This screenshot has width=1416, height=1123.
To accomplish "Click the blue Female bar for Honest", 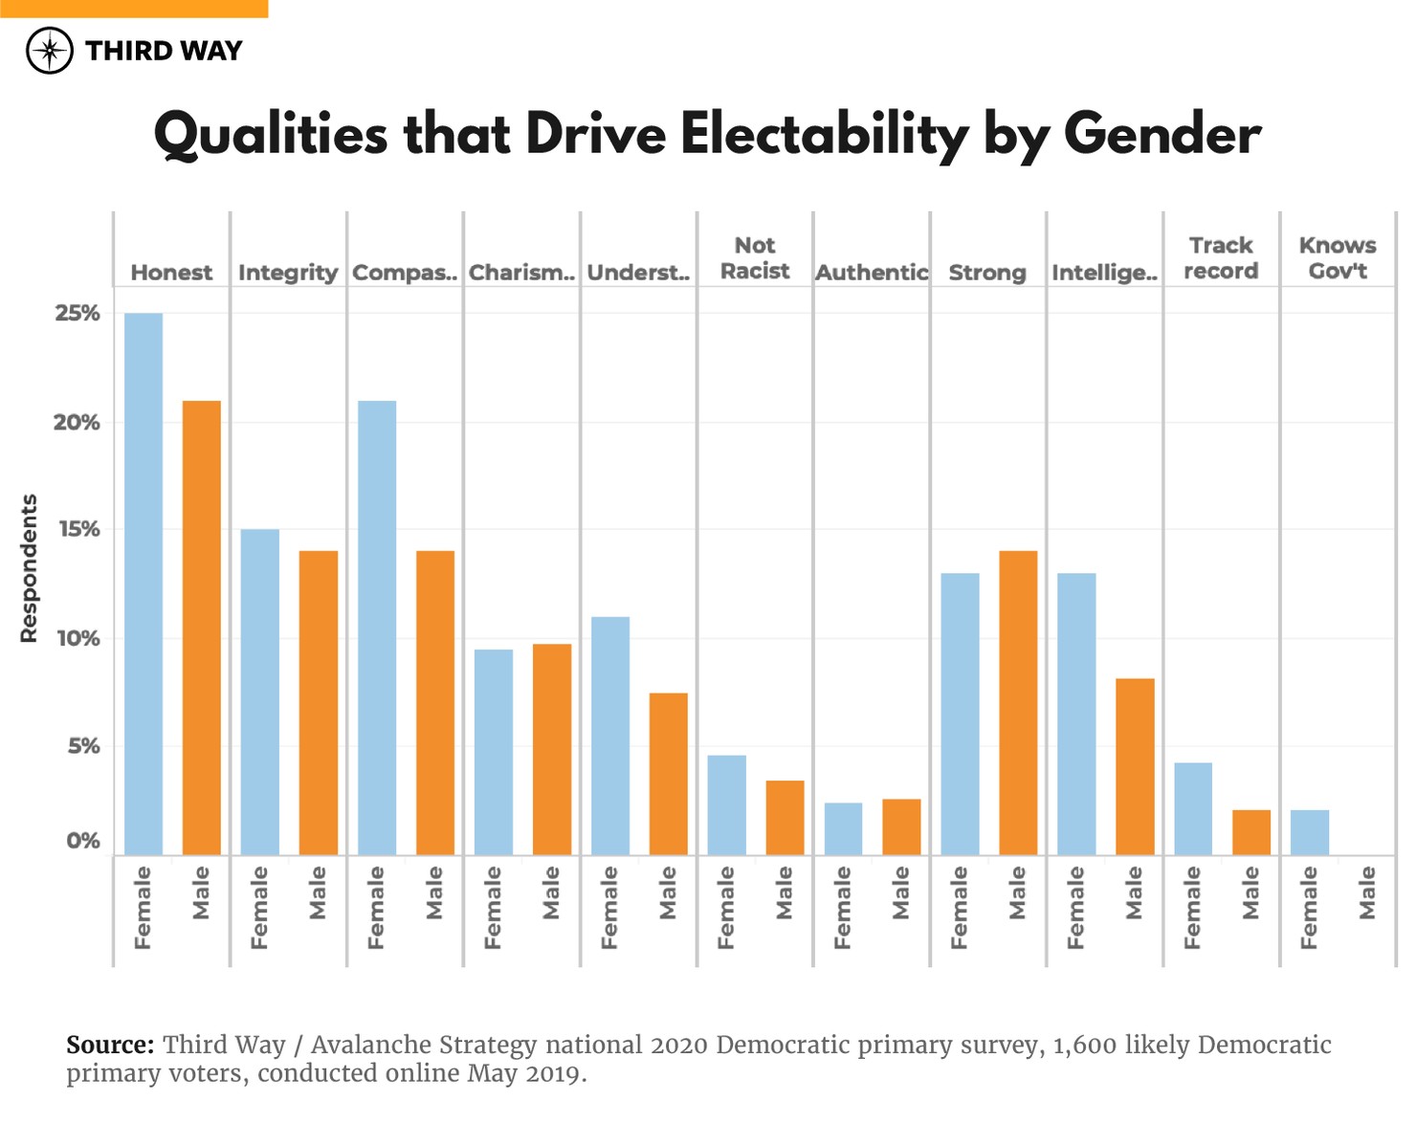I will (144, 584).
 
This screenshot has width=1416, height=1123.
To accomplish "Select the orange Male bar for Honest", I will (202, 628).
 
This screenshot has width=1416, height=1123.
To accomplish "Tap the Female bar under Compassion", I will (377, 628).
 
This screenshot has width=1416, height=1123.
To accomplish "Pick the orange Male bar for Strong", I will (1018, 702).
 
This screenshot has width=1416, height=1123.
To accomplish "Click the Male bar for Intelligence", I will (1135, 766).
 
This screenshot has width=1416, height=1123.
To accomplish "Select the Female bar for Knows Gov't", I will (1309, 832).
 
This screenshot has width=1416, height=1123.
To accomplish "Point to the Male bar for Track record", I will (1250, 832).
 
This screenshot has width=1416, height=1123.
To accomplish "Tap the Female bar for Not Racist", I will (726, 804).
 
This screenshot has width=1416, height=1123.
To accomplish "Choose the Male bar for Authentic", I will (901, 826).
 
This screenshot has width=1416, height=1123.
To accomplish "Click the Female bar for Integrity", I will (260, 692).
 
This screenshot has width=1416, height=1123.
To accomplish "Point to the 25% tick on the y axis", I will (77, 314).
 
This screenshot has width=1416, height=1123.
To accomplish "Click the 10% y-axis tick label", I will (77, 638).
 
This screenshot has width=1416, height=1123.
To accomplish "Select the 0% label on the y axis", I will (82, 841).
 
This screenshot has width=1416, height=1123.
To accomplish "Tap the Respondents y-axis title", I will (29, 568).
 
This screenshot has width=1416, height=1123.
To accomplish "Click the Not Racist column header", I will (755, 258).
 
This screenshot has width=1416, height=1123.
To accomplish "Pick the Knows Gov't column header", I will (1337, 258).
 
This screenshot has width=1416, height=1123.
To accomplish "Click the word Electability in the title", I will (824, 134).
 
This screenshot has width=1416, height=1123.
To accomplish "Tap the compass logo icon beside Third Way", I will (50, 51).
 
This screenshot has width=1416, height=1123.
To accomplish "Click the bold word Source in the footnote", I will (109, 1045).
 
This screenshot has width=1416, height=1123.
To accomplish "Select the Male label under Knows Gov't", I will (1367, 892).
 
